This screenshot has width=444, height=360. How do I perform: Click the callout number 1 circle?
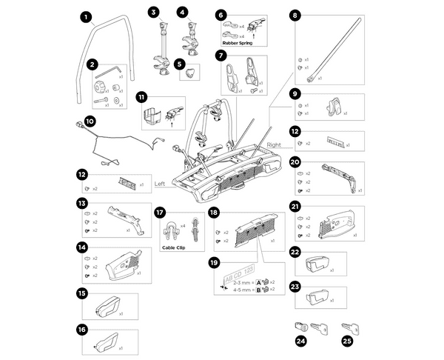(x=86, y=16)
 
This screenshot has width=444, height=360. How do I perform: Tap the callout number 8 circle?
(x=295, y=15)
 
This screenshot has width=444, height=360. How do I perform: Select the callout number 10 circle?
(x=90, y=121)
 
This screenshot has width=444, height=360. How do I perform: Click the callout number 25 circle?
(x=346, y=341)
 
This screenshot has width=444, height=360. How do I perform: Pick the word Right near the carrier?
(x=277, y=146)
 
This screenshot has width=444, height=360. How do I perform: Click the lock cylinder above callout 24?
(x=300, y=326)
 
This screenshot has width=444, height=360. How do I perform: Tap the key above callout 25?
(x=349, y=325)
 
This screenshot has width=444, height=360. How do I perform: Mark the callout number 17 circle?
(x=159, y=212)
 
